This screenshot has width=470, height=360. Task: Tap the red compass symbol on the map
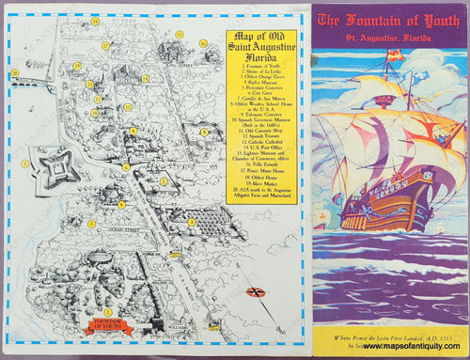click(255, 290)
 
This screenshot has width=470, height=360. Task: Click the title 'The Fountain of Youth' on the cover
click(389, 21)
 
